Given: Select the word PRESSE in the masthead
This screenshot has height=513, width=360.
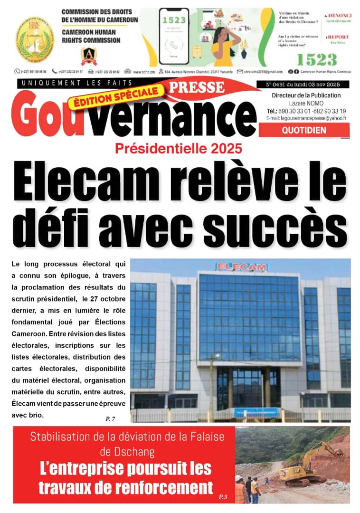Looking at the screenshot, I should (197, 87).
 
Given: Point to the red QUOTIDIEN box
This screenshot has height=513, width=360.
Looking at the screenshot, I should (304, 130).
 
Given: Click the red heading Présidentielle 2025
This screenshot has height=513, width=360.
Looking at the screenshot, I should (179, 148).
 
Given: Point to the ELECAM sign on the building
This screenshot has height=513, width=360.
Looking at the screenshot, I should (241, 267).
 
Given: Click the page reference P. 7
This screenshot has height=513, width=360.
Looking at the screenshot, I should (110, 418).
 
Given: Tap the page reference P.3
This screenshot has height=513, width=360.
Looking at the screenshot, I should (223, 497).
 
